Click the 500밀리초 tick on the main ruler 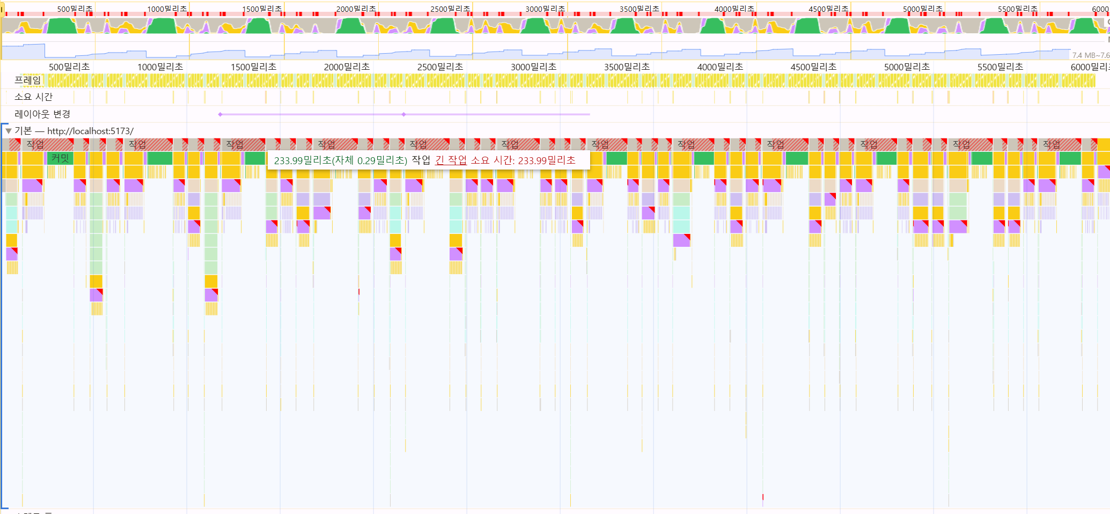click(x=69, y=67)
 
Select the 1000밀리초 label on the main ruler click(x=160, y=67)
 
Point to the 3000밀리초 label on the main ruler click(x=533, y=67)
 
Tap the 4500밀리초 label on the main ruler click(x=813, y=67)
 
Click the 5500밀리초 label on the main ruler click(x=1000, y=67)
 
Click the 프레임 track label click(x=28, y=80)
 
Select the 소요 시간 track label click(x=33, y=97)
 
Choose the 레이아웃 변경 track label click(x=42, y=114)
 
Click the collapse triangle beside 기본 click(x=9, y=131)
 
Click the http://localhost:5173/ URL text click(x=90, y=131)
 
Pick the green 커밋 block click(x=60, y=158)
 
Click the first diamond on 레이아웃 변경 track click(x=220, y=114)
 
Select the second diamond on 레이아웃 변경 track click(x=404, y=114)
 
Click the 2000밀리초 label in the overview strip click(x=356, y=9)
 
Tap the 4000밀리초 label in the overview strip click(x=734, y=9)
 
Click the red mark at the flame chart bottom click(x=763, y=497)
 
